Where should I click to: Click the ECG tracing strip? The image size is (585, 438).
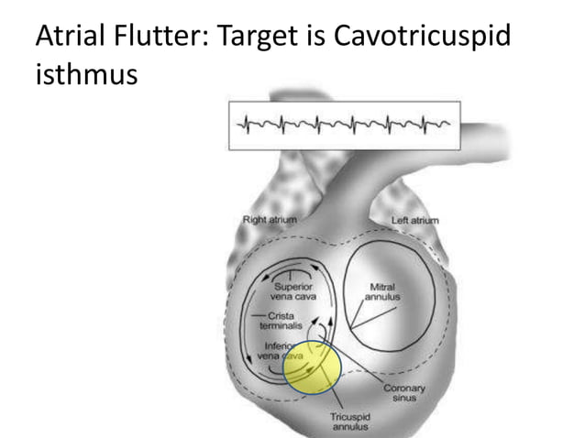point(344,125)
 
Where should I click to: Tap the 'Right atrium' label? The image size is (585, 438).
point(269,220)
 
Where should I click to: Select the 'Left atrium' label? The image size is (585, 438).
point(414,220)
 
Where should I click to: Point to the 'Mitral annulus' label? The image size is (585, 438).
point(381,291)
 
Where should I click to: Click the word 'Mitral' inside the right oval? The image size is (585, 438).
point(381,286)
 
